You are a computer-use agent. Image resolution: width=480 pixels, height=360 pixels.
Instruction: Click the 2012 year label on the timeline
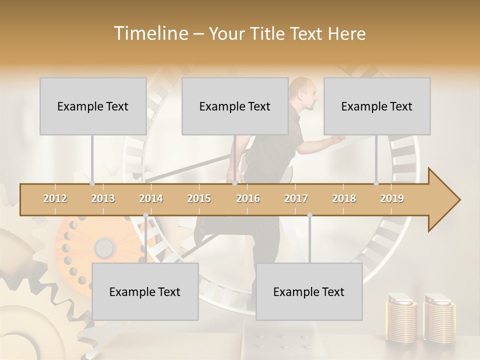[55, 198]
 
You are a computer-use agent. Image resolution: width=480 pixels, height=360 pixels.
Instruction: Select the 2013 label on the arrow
[103, 198]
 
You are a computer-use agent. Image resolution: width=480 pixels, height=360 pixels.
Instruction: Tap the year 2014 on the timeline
[151, 198]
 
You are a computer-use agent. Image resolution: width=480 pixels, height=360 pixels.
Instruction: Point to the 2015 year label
[199, 198]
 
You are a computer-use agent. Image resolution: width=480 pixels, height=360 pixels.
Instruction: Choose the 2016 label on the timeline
[248, 198]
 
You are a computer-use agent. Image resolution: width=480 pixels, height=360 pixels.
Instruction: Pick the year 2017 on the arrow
[296, 198]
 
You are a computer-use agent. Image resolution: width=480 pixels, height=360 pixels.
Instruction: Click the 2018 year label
[344, 198]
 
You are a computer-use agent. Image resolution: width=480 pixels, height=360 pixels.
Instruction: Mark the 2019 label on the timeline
[392, 198]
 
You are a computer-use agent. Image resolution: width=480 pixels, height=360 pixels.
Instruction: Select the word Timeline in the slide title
[150, 33]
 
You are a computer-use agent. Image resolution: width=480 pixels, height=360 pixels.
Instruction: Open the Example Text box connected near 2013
[93, 106]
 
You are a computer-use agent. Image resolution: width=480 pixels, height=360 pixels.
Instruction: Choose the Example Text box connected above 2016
[235, 106]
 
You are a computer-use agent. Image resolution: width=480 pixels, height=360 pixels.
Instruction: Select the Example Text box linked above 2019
[377, 106]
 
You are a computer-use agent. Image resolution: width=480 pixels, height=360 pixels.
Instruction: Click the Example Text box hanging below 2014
[145, 291]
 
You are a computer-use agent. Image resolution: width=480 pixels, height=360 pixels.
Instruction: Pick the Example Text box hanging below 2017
[309, 291]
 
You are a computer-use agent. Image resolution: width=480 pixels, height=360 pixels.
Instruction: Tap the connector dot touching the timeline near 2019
[376, 183]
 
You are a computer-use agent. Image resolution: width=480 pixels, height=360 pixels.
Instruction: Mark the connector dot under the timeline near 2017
[309, 215]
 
